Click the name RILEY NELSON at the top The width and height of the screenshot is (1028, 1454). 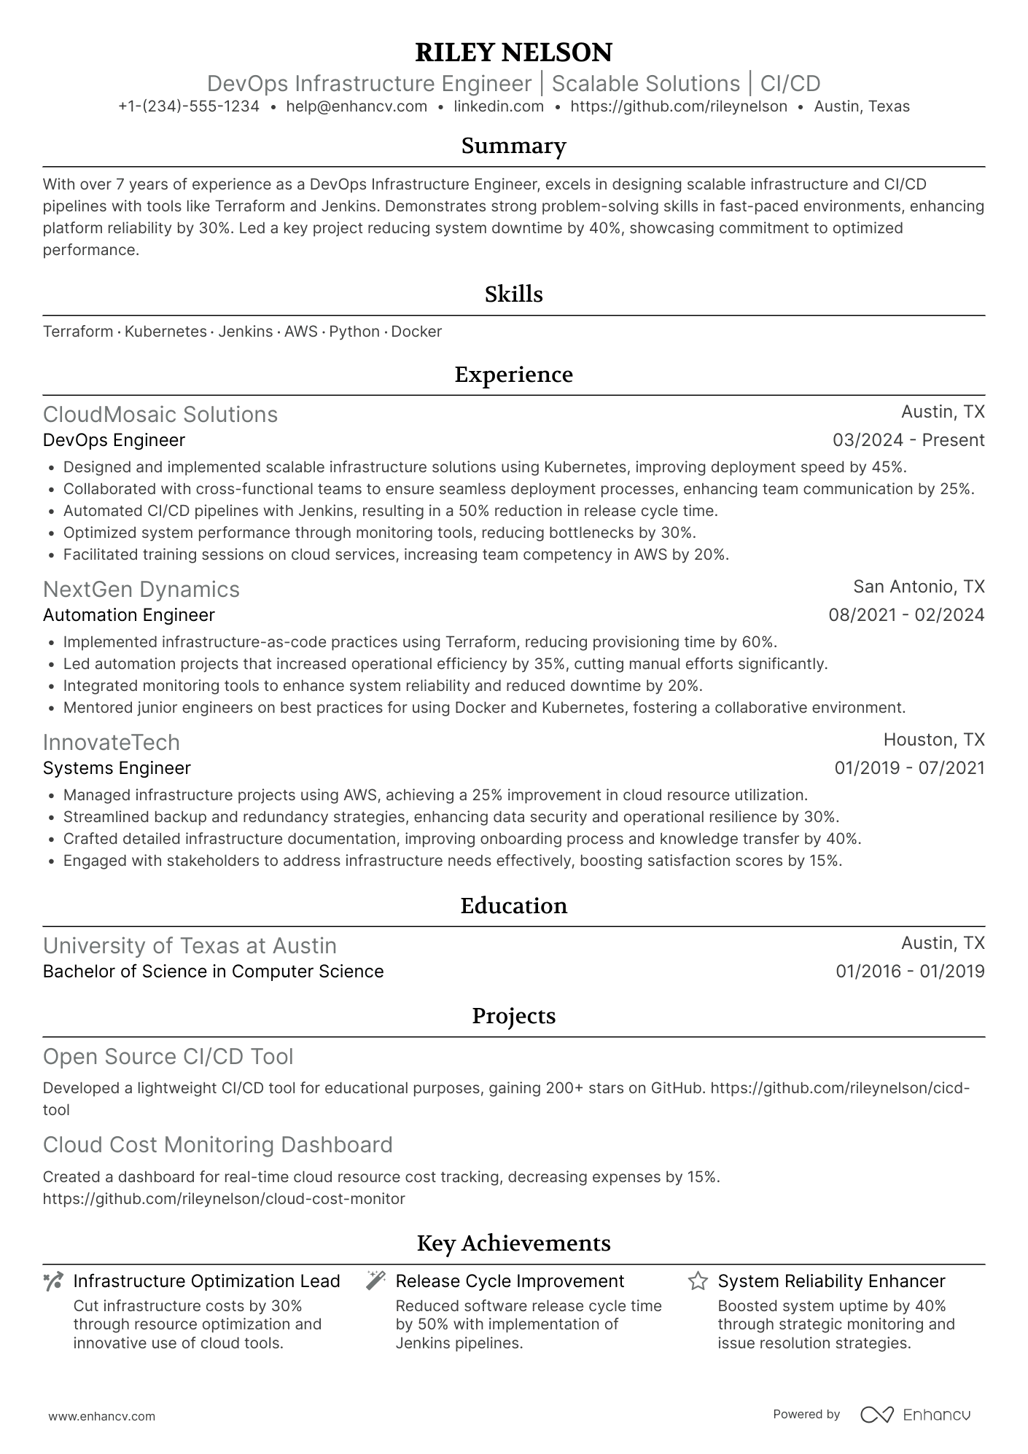(x=513, y=52)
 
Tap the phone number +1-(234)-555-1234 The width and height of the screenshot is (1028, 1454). (x=189, y=106)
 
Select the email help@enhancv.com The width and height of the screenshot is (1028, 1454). (x=357, y=106)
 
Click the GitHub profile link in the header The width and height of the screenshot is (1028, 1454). (x=678, y=106)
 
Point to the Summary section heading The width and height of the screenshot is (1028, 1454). (x=513, y=146)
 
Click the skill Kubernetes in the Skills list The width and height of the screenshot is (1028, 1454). (x=166, y=332)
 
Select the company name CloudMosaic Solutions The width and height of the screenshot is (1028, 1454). (x=160, y=414)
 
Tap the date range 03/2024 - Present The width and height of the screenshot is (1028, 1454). (x=908, y=440)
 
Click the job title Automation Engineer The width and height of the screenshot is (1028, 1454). (x=129, y=615)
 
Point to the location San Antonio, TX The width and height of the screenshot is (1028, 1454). (x=919, y=587)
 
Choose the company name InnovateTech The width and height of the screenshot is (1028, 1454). (x=112, y=742)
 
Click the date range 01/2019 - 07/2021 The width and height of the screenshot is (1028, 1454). (x=909, y=768)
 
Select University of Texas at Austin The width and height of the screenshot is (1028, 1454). (x=190, y=945)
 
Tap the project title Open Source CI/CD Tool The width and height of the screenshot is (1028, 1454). (x=168, y=1056)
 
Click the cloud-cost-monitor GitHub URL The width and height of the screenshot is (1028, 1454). (x=224, y=1198)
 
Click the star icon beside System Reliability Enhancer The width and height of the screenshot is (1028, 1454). (x=698, y=1281)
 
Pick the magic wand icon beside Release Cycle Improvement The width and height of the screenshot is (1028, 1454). (x=375, y=1281)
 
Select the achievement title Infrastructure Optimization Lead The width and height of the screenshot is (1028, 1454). (x=207, y=1281)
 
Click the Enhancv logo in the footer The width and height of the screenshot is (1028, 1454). (x=915, y=1415)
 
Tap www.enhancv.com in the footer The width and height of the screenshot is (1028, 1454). (x=102, y=1416)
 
